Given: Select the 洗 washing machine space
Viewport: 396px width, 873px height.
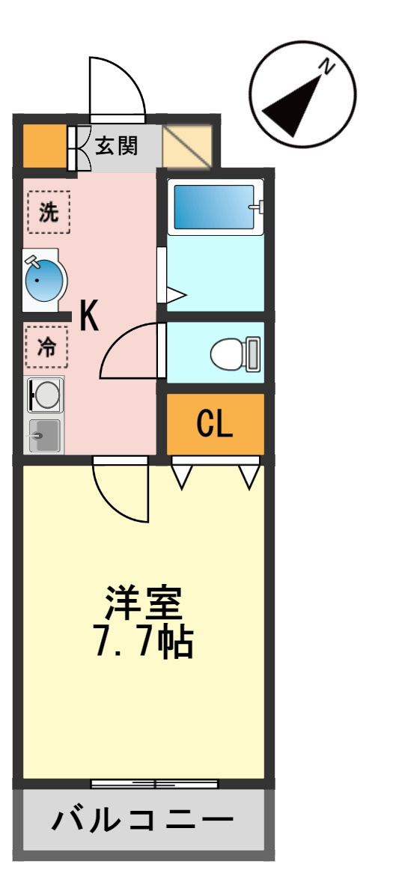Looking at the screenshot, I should point(49,213).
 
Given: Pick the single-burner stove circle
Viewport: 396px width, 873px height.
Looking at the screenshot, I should point(46,395).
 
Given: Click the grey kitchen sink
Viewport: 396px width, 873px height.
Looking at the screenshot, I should point(45,435).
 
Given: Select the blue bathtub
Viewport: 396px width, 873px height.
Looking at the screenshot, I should point(214,207).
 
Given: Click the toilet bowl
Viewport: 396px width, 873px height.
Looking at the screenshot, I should point(234,354).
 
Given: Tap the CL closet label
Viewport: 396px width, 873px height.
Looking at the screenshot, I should point(215,425).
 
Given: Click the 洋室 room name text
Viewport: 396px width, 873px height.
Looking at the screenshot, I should point(144,603).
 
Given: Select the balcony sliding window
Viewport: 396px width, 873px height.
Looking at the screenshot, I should point(154,784).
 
